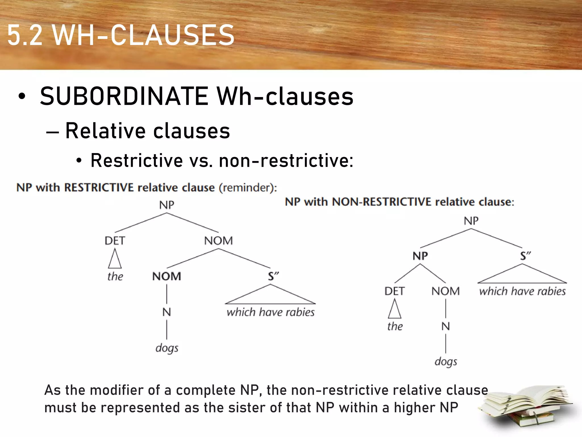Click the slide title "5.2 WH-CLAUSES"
pos(121,35)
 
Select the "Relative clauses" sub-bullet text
pos(147,131)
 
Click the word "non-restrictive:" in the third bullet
pos(286,160)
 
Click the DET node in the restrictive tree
pos(115,241)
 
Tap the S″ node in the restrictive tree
pos(273,276)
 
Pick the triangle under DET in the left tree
pos(115,259)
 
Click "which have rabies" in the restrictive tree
pos(271,312)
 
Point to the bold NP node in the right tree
pos(420,256)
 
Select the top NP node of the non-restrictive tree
pos(471,221)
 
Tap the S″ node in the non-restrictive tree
pos(525,256)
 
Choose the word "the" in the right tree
pos(395,326)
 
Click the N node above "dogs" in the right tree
pos(446,326)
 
